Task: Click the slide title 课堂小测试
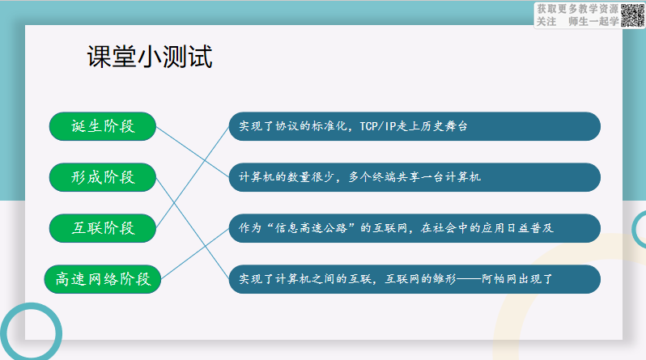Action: (x=150, y=57)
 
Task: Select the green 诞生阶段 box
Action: (x=103, y=126)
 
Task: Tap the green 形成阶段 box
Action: (x=103, y=177)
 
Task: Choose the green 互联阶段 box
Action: (x=103, y=228)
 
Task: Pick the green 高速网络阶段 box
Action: (x=103, y=279)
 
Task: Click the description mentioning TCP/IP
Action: (x=414, y=126)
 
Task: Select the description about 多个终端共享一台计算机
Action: (x=414, y=177)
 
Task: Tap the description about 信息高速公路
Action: (x=414, y=228)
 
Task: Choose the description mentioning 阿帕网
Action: (x=414, y=279)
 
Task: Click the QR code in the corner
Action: (x=632, y=15)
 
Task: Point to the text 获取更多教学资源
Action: (x=578, y=9)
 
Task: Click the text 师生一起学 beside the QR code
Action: (x=593, y=21)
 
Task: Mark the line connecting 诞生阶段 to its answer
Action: (x=193, y=151)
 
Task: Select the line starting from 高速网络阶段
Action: (x=195, y=254)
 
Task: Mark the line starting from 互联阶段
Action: (x=193, y=177)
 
